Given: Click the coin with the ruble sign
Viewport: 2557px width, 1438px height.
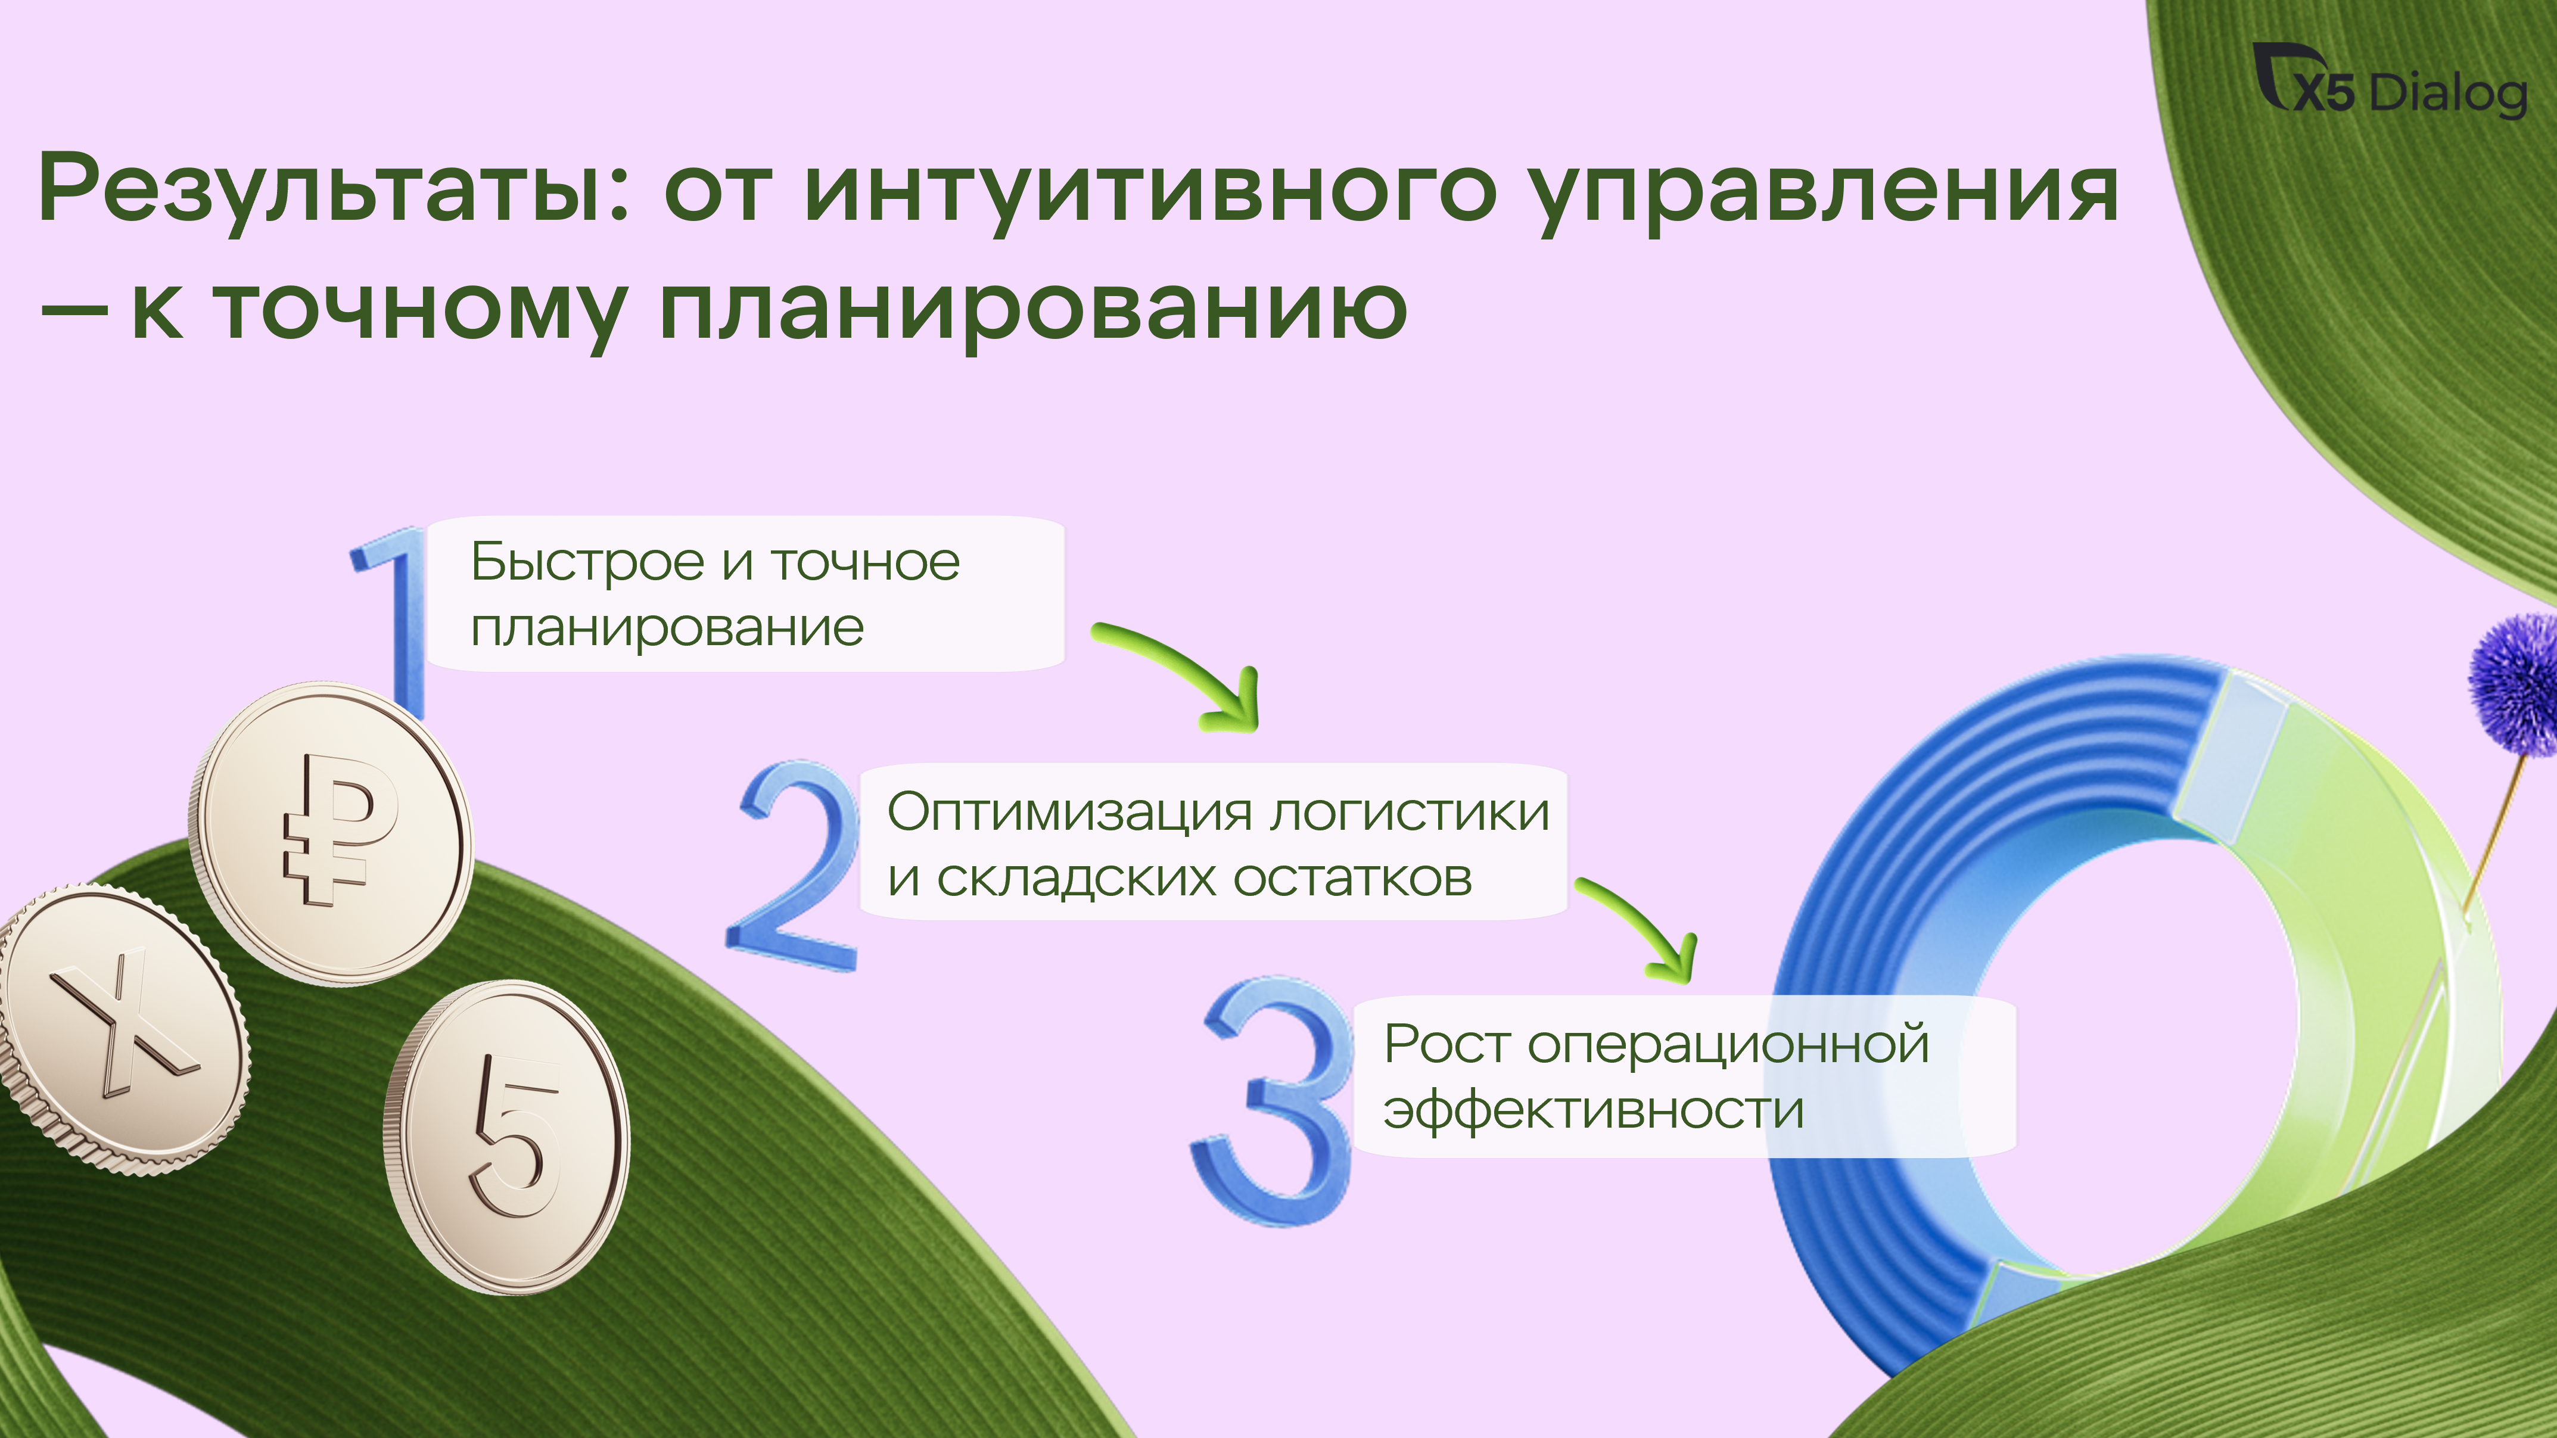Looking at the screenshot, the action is pyautogui.click(x=331, y=833).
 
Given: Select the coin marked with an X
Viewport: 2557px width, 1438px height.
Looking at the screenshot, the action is pyautogui.click(x=121, y=1029).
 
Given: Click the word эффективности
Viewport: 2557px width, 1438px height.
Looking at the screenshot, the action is pyautogui.click(x=1593, y=1110).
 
